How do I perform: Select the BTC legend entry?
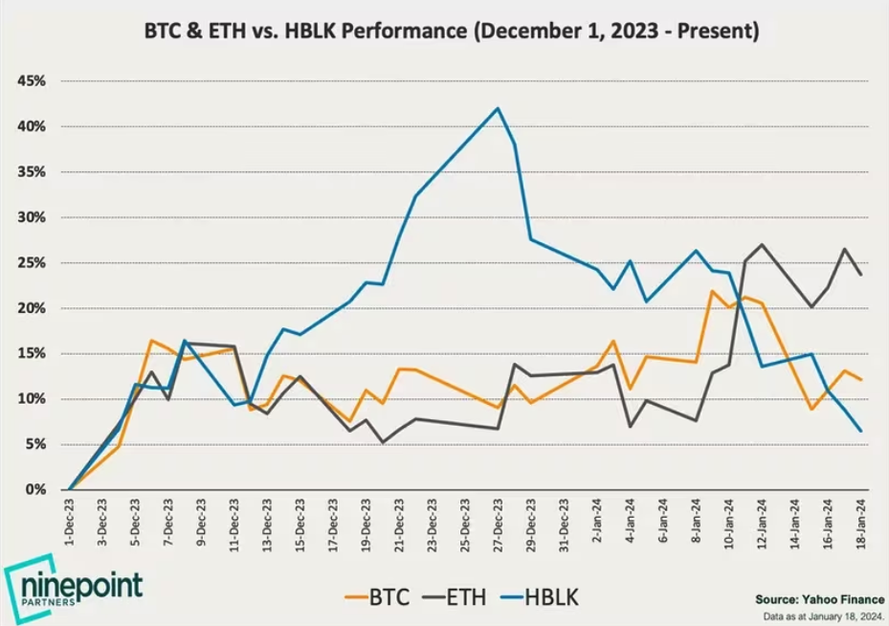pyautogui.click(x=379, y=599)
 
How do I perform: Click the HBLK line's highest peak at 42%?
pyautogui.click(x=498, y=108)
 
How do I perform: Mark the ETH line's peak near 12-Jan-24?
pyautogui.click(x=762, y=244)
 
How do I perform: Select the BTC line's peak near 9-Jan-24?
pyautogui.click(x=713, y=291)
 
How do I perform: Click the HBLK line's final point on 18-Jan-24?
pyautogui.click(x=860, y=431)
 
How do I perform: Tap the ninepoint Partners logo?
pyautogui.click(x=75, y=587)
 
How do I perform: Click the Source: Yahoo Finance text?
pyautogui.click(x=819, y=597)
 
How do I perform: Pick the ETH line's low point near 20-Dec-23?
pyautogui.click(x=383, y=442)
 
